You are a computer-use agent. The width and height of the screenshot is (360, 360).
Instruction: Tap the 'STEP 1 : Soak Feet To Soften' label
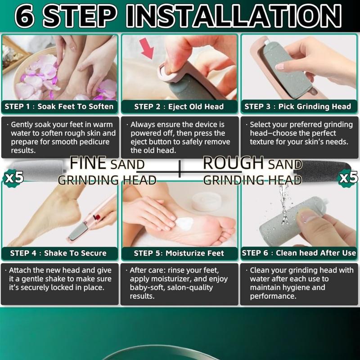(x=59, y=107)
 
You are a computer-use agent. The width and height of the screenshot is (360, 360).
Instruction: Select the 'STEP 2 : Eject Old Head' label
(x=179, y=107)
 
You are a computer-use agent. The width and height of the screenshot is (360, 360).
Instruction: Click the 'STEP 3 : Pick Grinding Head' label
(x=297, y=107)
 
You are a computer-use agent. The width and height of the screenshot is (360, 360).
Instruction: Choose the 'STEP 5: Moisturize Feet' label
(x=179, y=253)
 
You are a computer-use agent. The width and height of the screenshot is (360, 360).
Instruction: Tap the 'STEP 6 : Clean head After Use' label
(x=299, y=253)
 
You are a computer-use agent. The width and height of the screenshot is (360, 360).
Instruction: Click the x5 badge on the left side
(x=13, y=177)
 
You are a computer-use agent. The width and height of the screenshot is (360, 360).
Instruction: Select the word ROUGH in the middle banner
(x=233, y=163)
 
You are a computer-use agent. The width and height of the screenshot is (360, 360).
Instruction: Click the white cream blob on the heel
(x=186, y=222)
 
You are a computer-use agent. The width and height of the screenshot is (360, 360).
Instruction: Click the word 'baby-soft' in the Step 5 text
(x=146, y=288)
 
